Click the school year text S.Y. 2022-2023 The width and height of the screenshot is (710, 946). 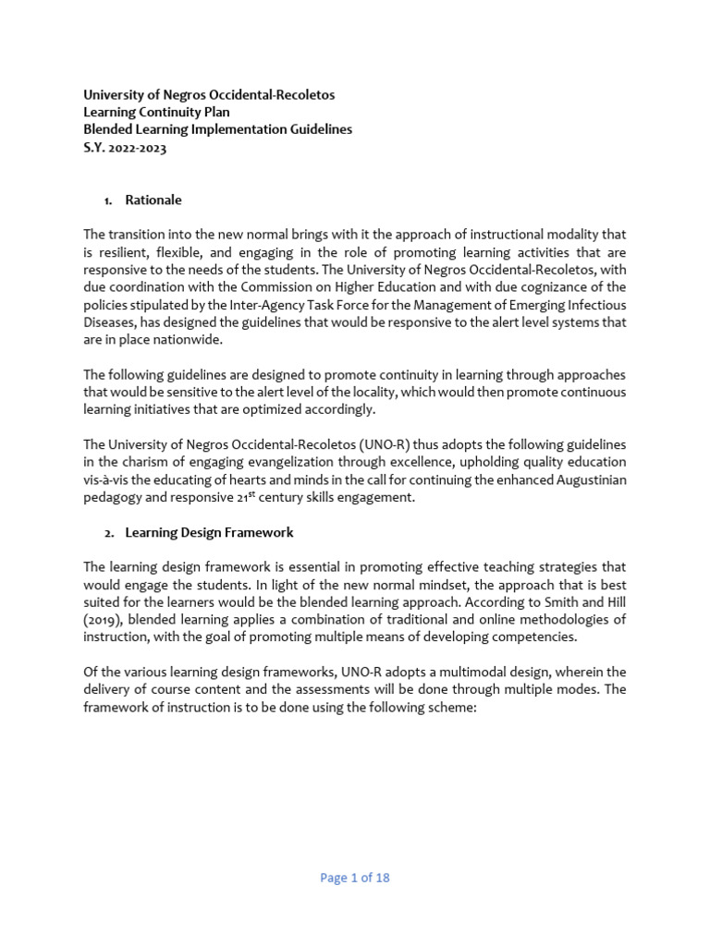tap(125, 148)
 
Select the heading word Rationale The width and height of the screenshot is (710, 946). tap(153, 200)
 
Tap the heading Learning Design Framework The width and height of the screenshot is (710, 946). tap(209, 532)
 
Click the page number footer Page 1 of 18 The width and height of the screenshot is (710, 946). tap(355, 878)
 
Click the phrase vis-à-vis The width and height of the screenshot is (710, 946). tap(109, 479)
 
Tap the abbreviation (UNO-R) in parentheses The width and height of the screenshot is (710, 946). tap(383, 443)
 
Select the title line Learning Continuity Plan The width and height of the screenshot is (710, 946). tap(156, 112)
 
